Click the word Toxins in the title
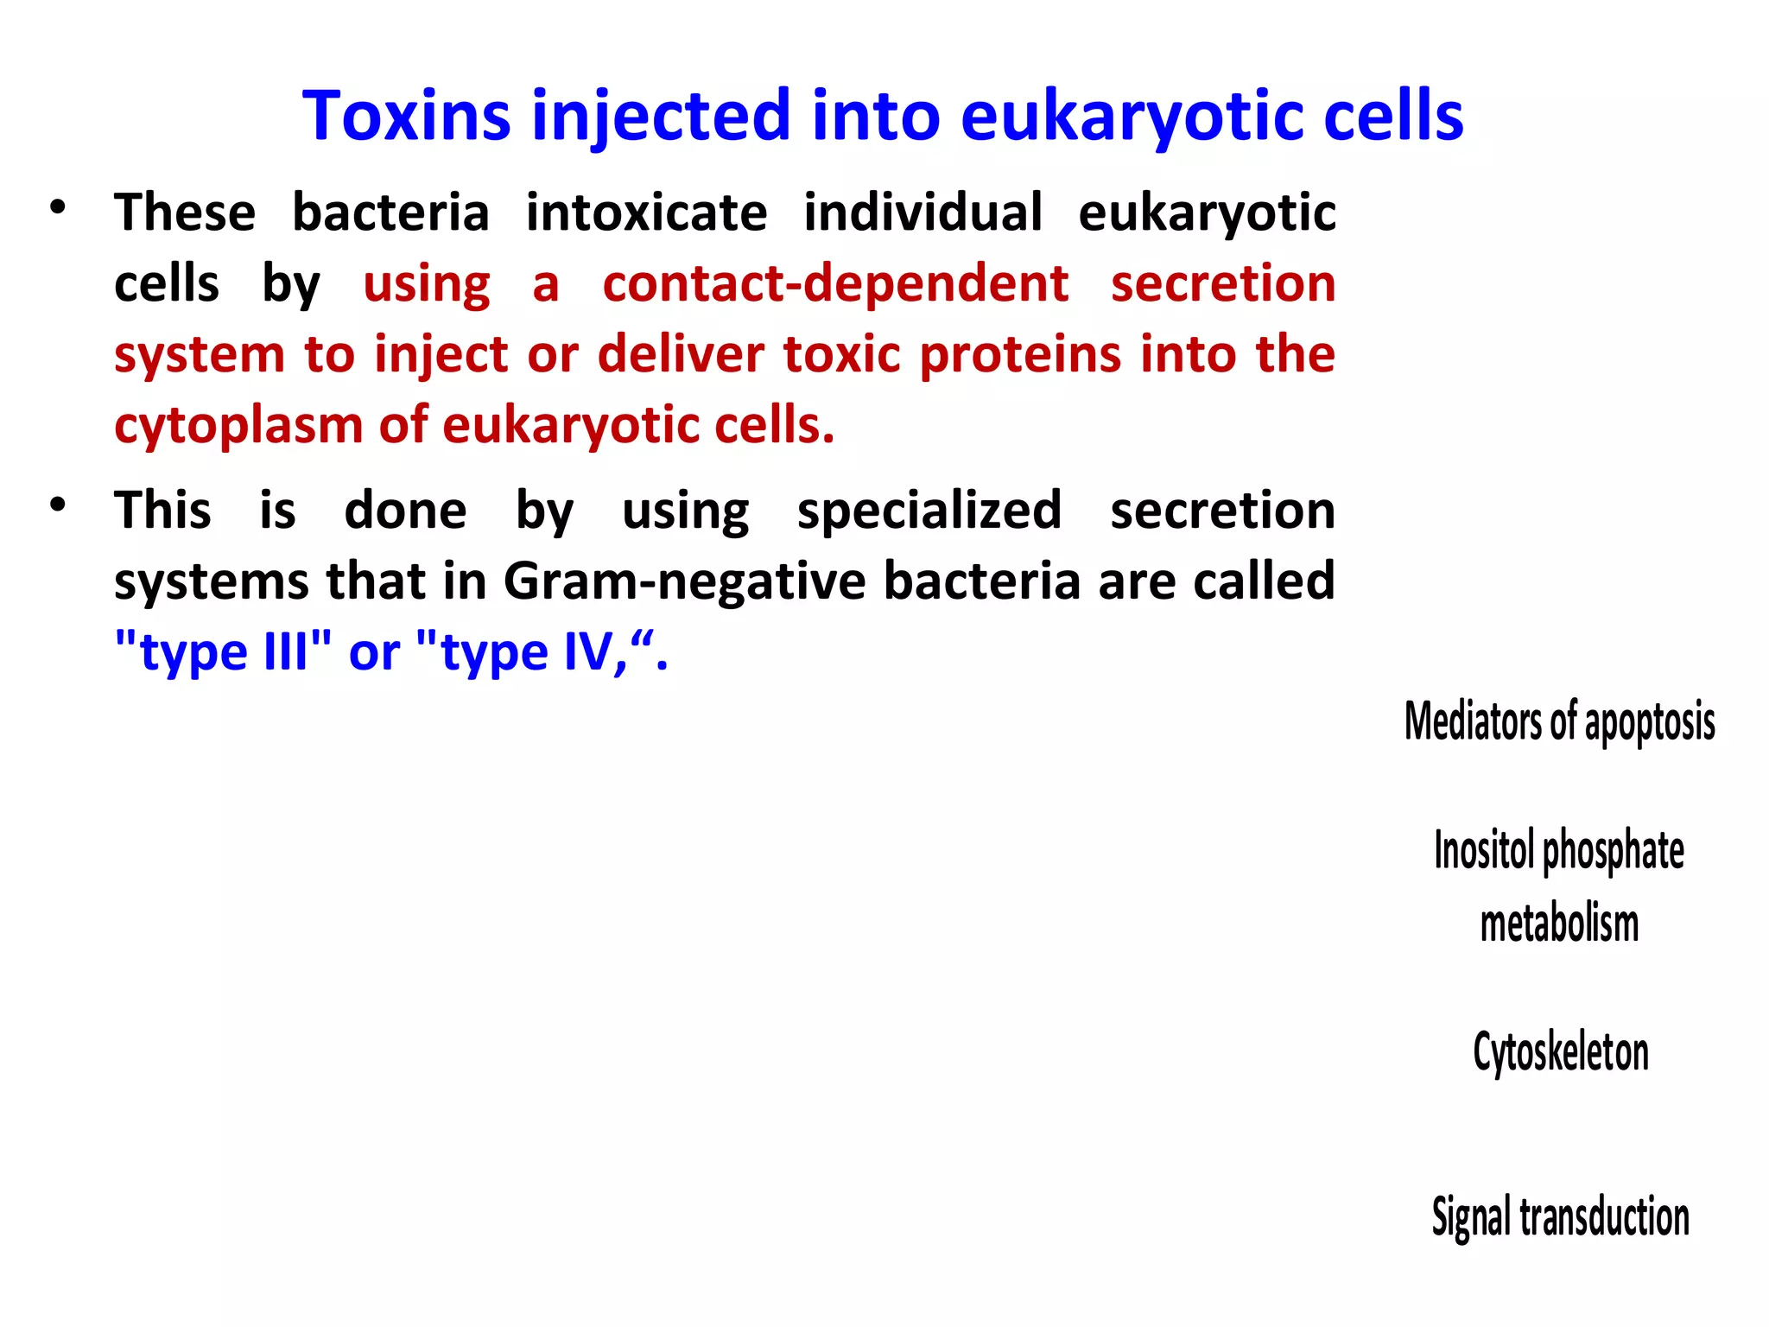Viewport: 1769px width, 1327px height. coord(406,116)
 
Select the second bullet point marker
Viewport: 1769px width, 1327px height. coord(58,505)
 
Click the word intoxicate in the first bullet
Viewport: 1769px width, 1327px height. coord(646,213)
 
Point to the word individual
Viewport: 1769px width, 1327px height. coord(923,213)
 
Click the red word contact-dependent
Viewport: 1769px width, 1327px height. coord(835,283)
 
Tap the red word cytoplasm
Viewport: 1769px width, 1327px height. coord(237,426)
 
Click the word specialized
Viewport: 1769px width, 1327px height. coord(929,510)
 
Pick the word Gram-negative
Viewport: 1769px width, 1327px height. coord(684,581)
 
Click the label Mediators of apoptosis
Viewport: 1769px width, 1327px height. coord(1559,721)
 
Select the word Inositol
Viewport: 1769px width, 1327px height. coord(1484,850)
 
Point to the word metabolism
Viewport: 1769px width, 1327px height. coord(1559,923)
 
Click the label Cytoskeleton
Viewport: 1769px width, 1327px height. coord(1560,1052)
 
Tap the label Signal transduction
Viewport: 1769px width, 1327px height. coord(1560,1216)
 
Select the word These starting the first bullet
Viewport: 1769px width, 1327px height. coord(185,213)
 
